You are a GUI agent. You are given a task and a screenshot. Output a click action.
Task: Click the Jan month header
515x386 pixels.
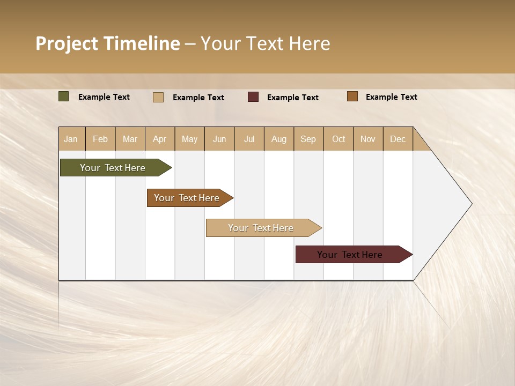[71, 139]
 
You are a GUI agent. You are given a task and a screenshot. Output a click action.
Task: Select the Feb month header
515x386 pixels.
[100, 139]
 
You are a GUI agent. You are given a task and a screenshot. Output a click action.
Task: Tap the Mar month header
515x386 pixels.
[130, 139]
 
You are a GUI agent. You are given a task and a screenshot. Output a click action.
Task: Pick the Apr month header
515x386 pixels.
[160, 139]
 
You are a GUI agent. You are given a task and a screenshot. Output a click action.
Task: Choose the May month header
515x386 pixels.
[189, 139]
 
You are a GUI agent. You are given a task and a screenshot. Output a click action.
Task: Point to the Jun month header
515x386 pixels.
[219, 139]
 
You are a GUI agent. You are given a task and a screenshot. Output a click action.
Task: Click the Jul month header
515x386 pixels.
[249, 139]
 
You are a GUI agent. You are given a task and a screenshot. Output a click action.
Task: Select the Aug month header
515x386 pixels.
[279, 139]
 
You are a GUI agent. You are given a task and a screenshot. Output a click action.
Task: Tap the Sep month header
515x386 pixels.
[308, 139]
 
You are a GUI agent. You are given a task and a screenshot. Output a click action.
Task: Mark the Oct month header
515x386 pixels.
[339, 139]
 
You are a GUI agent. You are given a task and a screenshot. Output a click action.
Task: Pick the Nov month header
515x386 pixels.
[368, 139]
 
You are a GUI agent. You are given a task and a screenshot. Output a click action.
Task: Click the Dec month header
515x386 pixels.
[398, 139]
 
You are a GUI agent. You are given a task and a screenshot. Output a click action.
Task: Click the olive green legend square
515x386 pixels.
[64, 96]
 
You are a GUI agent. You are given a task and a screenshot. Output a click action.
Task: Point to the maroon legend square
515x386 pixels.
[253, 96]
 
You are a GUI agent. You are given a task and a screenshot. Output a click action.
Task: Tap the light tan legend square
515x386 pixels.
[158, 97]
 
